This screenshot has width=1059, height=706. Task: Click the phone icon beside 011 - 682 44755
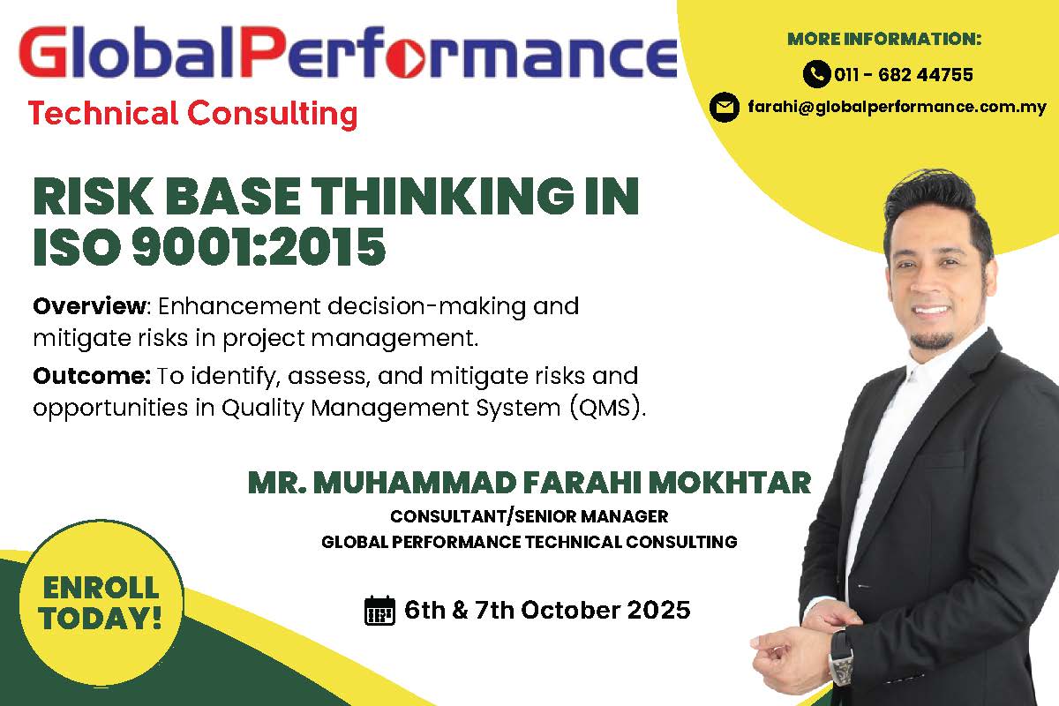coord(816,74)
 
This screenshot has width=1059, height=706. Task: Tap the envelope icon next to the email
coord(725,108)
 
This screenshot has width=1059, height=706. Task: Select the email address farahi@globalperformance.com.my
coord(897,108)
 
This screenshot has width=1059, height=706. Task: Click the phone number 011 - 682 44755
coord(904,75)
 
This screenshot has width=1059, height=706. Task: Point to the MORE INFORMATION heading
coord(884,39)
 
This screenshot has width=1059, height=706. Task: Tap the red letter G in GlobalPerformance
coord(42,51)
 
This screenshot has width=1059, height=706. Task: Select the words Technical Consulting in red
coord(192,114)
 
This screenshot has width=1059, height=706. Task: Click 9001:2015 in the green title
coord(259,246)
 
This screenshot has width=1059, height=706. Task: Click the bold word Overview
coord(90,306)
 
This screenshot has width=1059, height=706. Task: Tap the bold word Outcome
coord(92,376)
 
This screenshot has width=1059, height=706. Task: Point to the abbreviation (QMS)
coord(607,408)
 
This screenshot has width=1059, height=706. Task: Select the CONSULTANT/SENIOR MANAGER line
coord(529,516)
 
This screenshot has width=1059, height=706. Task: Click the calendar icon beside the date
coord(379,610)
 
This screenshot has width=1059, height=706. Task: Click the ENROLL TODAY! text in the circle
coord(101,603)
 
